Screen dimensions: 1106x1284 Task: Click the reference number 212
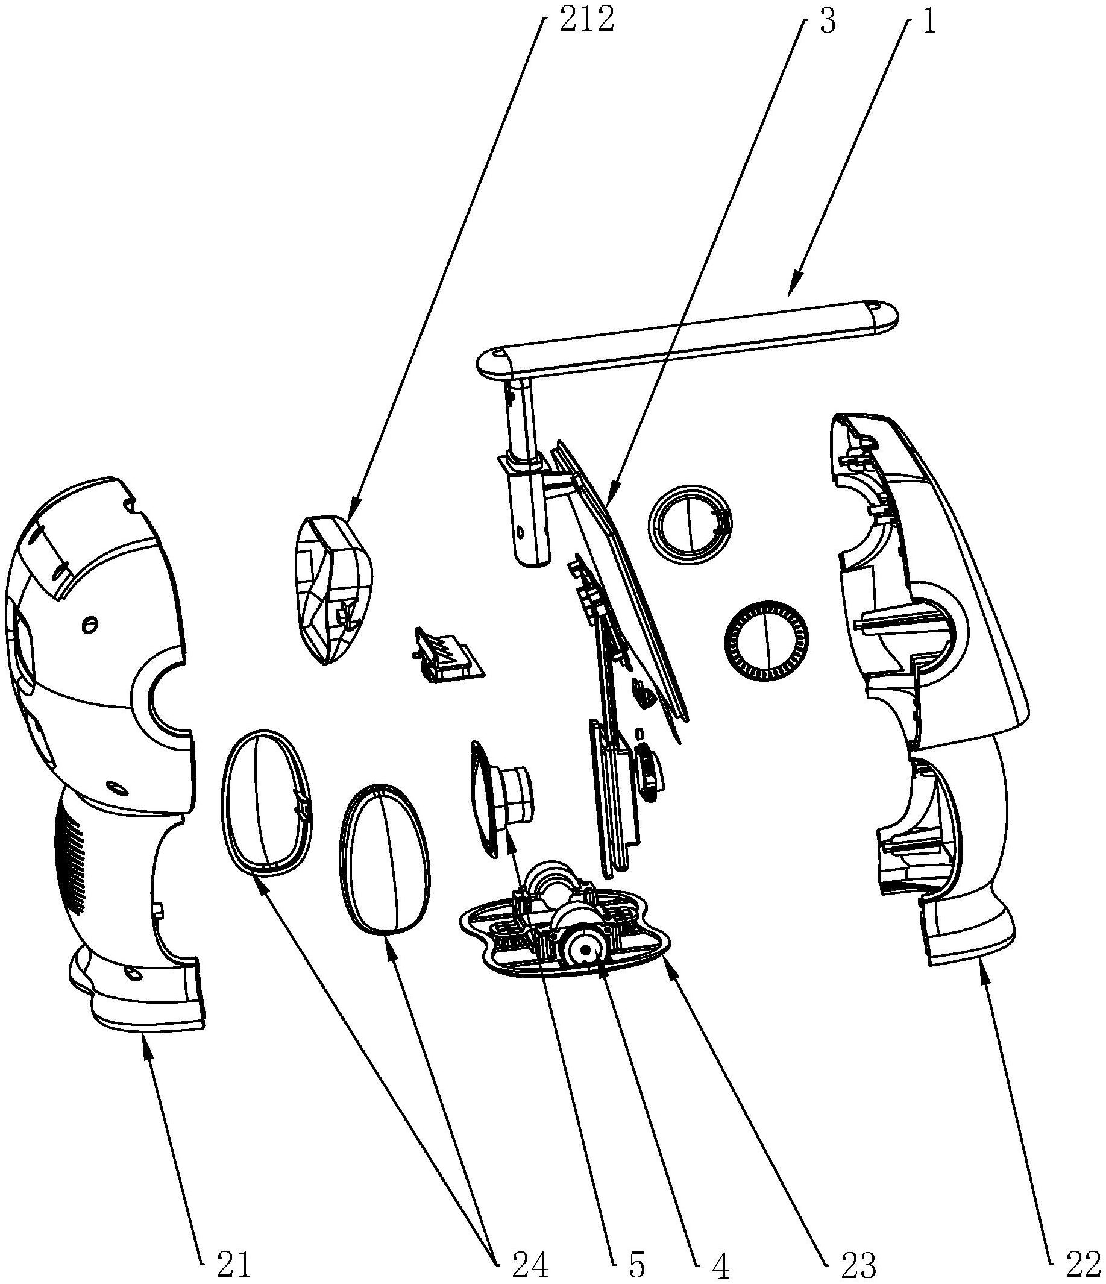[585, 20]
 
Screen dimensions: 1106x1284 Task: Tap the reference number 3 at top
[827, 20]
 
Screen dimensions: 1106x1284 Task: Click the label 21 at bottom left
[234, 1264]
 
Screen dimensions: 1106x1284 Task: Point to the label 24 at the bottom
[530, 1264]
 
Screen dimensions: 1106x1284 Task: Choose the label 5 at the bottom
[636, 1264]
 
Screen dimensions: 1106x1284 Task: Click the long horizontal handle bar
[688, 339]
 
